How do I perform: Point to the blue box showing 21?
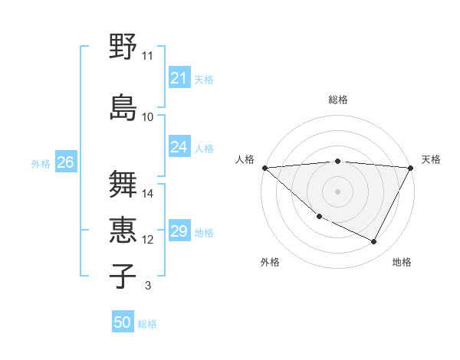(x=179, y=79)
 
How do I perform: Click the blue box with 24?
(x=179, y=147)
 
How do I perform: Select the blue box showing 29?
(x=179, y=232)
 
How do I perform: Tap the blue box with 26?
(x=65, y=162)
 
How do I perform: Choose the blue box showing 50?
(x=123, y=323)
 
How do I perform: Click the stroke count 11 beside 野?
(x=148, y=56)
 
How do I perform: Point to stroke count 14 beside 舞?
(x=148, y=194)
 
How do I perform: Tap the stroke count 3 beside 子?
(x=148, y=286)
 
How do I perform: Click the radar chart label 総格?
(x=337, y=100)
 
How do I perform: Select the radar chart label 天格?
(x=432, y=159)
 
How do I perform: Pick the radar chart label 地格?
(x=402, y=263)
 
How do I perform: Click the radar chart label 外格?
(x=270, y=263)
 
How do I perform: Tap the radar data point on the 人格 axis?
(x=264, y=167)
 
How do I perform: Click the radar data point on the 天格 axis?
(x=411, y=168)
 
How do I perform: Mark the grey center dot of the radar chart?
(x=337, y=191)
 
